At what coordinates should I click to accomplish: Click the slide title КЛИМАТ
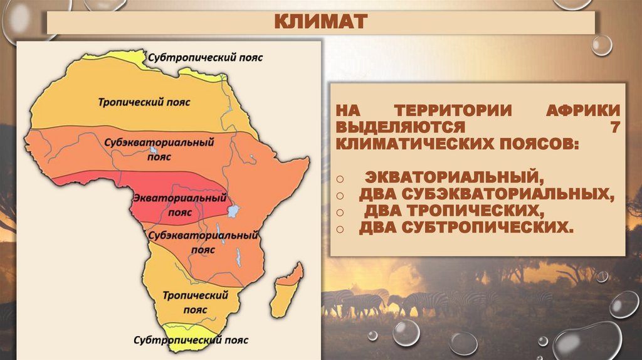coord(320,23)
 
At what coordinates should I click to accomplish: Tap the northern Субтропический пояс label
coord(206,57)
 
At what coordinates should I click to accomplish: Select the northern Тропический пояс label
coord(144,101)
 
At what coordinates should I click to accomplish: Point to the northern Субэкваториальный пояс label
coord(166,148)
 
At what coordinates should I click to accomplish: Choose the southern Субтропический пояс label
coord(191,340)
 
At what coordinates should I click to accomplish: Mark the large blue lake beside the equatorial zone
coord(233,211)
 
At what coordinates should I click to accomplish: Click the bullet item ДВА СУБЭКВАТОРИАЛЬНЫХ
coord(486,193)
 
